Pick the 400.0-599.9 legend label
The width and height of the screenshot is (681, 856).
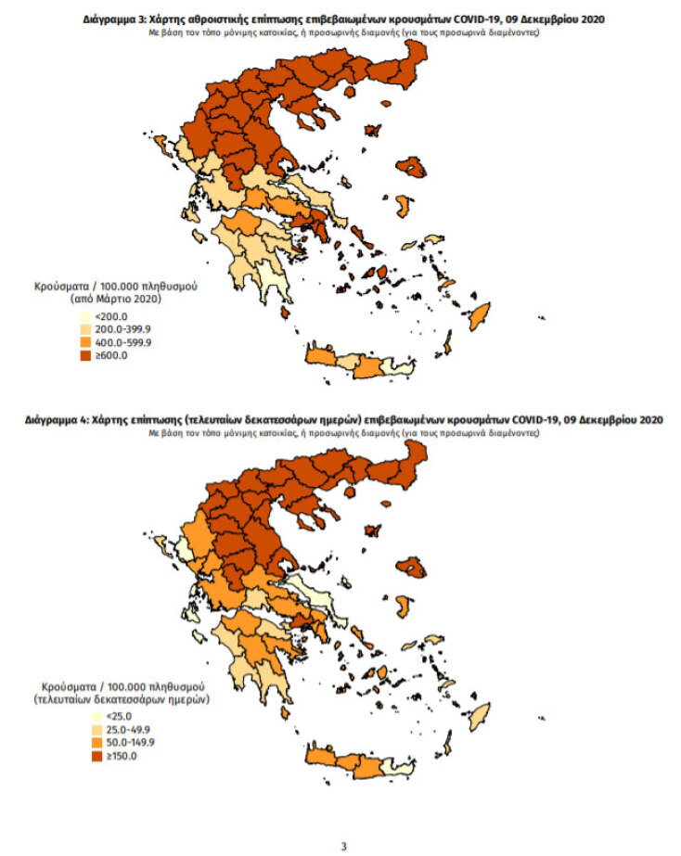coord(122,342)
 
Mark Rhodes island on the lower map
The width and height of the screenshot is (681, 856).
coord(480,715)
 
